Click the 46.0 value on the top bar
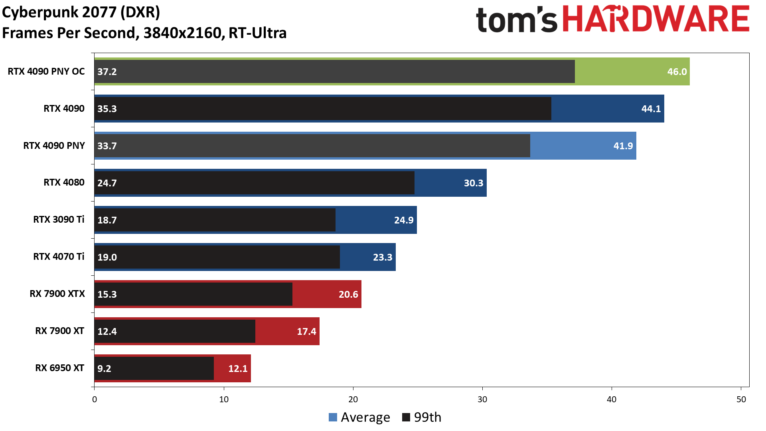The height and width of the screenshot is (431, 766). (677, 72)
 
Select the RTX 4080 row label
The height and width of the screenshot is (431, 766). (64, 182)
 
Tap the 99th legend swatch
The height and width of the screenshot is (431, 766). (406, 417)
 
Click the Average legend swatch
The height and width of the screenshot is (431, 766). (333, 417)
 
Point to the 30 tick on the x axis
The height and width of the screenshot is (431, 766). (482, 399)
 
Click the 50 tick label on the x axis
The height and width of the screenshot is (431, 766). (741, 399)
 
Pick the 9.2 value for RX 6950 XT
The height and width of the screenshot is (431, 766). (104, 368)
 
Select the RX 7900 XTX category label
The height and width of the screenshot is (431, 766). (57, 294)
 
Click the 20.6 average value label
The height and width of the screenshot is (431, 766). (348, 295)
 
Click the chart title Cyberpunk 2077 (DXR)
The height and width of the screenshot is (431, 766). (81, 12)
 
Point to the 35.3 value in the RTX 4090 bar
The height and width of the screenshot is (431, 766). (107, 109)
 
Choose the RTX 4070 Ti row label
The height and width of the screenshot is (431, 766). (59, 257)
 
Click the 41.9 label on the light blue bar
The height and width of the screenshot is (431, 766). (623, 146)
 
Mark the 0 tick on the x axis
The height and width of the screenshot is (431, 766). (95, 399)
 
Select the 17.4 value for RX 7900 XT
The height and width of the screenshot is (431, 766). (306, 332)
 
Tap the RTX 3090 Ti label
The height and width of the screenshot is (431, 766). (59, 219)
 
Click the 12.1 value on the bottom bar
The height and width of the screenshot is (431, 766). (238, 369)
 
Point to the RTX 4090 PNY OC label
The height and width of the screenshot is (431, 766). (46, 71)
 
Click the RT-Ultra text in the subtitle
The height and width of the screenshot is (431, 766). (257, 33)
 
